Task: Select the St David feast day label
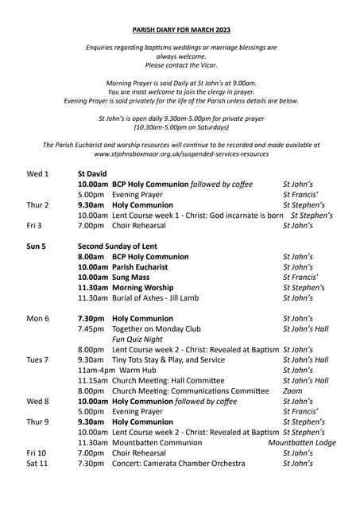click(92, 173)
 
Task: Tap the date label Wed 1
click(37, 173)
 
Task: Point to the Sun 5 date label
click(37, 247)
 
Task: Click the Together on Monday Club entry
click(157, 328)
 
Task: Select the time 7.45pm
click(91, 328)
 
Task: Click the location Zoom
click(292, 391)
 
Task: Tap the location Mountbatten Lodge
click(302, 443)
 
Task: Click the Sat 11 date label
click(37, 464)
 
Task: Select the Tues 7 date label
click(37, 360)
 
